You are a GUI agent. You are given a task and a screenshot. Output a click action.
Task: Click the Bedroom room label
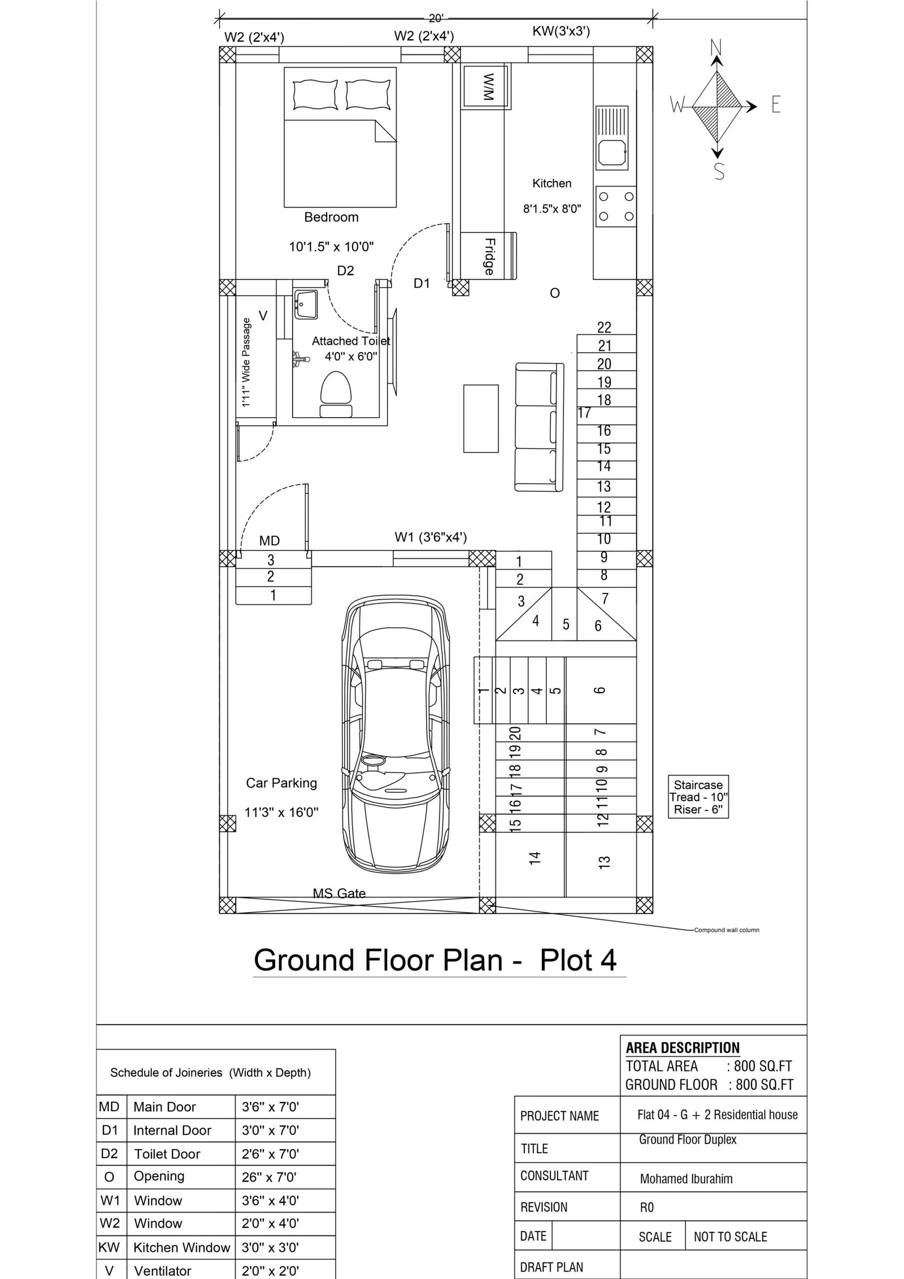pos(331,217)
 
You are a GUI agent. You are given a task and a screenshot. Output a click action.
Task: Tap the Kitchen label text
pos(551,183)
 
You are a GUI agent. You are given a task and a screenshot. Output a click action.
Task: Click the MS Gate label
pos(339,893)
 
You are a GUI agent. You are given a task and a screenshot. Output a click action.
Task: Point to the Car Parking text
pos(281,783)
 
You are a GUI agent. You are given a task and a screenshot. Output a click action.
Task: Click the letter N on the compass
pos(716,47)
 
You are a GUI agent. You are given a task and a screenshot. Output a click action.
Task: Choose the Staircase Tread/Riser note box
pos(698,797)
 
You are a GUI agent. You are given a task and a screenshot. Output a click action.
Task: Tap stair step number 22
pos(604,327)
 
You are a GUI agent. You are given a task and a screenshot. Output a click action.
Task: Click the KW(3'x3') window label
pos(561,32)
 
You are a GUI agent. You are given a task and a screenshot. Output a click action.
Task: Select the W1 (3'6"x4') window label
pos(431,536)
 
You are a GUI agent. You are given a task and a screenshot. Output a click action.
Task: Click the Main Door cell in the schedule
pos(164,1107)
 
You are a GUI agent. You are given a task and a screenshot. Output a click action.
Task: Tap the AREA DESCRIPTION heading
pos(683,1032)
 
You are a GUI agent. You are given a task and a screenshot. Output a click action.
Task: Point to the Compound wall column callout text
pos(727,930)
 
